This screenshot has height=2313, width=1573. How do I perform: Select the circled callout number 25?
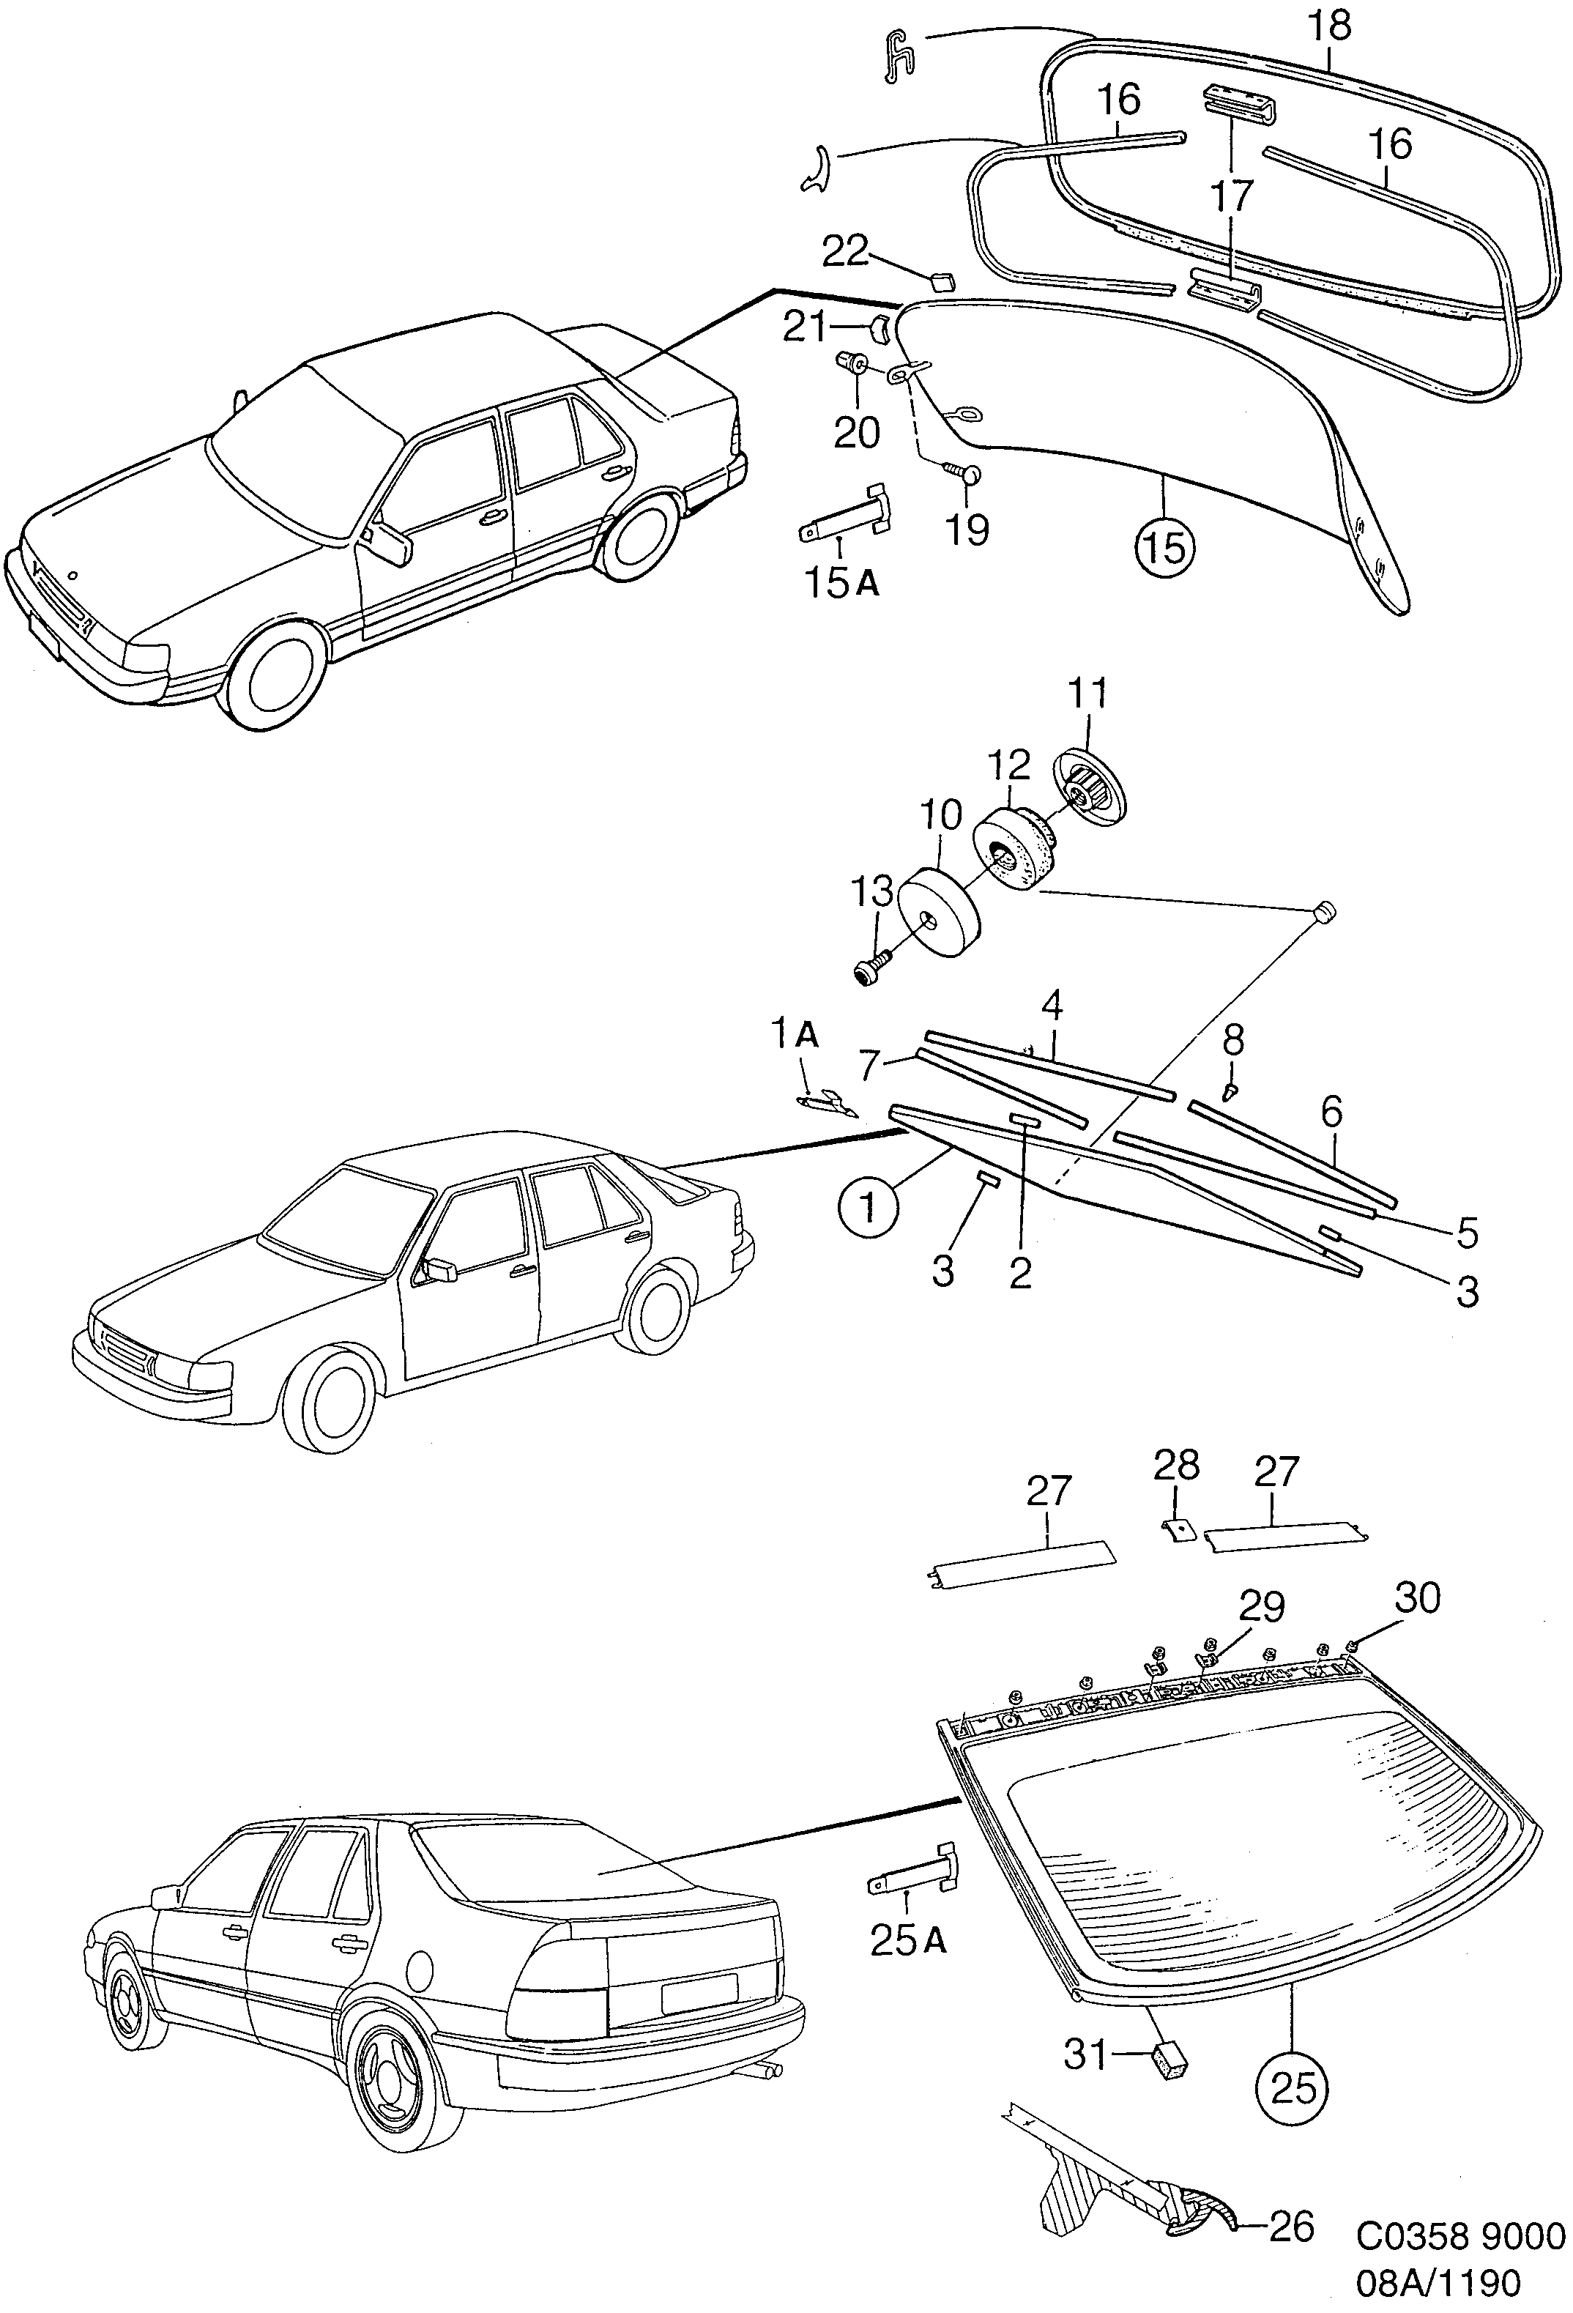1293,2086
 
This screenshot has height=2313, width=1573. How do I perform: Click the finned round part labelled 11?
1088,783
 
